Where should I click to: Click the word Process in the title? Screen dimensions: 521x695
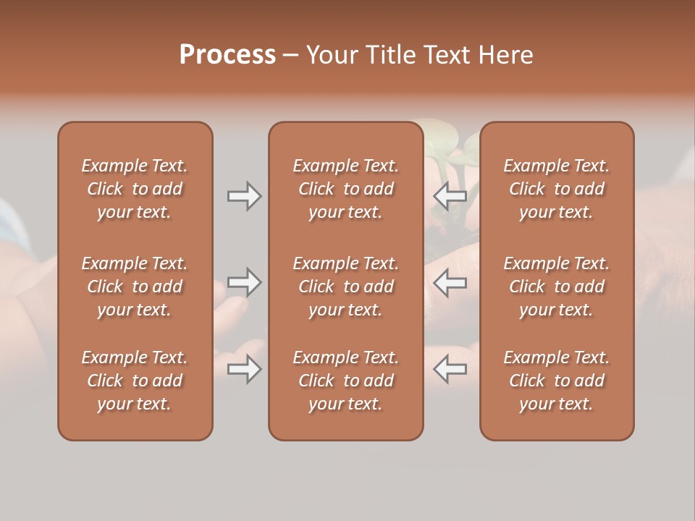point(227,55)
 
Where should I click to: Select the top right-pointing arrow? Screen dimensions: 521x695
point(244,196)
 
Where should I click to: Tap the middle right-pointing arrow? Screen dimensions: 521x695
point(244,282)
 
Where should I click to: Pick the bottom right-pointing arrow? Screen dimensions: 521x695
point(244,369)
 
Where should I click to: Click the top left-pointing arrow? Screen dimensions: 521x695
point(450,196)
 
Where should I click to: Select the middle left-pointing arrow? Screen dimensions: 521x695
point(450,282)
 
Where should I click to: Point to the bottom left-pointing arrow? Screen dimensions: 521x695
point(450,369)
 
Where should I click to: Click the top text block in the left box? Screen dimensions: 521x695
point(135,189)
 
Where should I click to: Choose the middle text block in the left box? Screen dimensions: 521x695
point(135,287)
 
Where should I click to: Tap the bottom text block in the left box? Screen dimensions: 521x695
point(135,381)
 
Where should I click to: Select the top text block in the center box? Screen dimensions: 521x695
point(345,189)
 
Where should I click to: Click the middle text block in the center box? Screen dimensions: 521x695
point(345,287)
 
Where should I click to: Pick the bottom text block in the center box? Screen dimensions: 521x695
point(345,381)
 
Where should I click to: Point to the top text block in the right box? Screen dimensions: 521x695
point(556,189)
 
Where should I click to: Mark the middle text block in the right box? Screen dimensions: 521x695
point(556,287)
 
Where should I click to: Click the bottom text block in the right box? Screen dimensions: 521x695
point(556,381)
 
